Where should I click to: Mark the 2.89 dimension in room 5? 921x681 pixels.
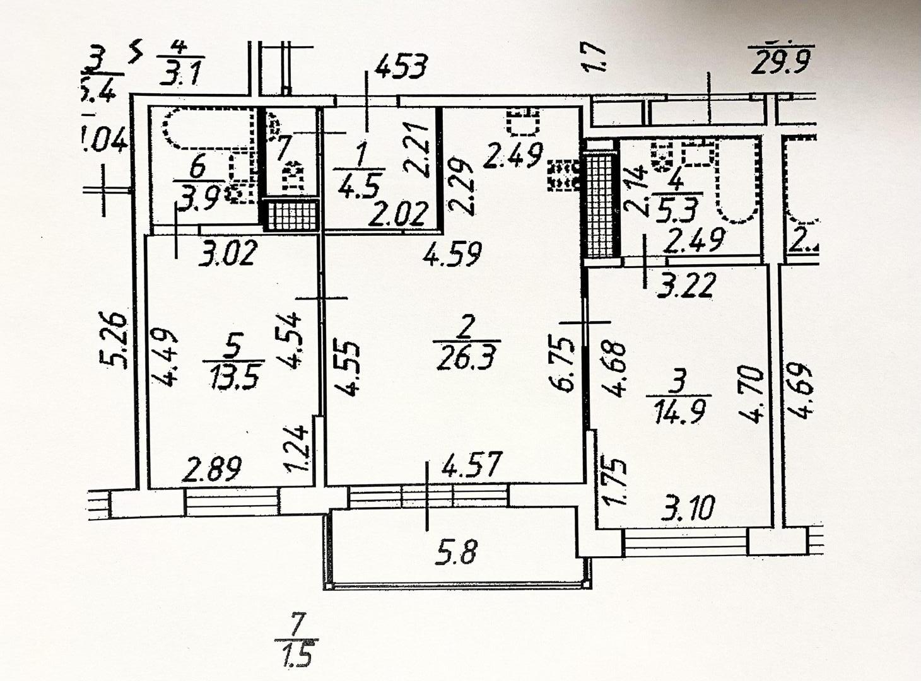pos(213,470)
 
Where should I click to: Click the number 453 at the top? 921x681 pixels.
pos(402,66)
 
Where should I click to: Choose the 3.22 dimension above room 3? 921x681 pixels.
pos(686,285)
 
